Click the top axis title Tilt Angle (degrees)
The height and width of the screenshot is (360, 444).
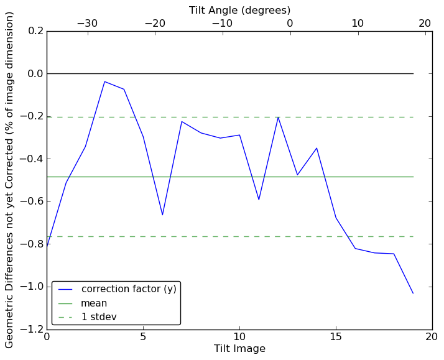tap(239, 10)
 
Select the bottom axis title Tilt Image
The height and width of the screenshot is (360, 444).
tap(239, 349)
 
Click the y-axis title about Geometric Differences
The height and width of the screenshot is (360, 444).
tap(10, 180)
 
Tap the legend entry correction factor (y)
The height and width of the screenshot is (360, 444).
tap(129, 289)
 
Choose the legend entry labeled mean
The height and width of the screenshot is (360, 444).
tap(94, 303)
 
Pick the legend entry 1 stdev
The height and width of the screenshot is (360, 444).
tap(99, 317)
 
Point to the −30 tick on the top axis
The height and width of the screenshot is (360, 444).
tap(87, 24)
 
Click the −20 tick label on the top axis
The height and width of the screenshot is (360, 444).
tap(155, 24)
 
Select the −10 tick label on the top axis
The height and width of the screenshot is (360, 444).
tap(221, 24)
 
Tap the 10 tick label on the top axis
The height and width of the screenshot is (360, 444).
tap(358, 24)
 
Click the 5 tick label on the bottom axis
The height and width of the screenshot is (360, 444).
tap(143, 337)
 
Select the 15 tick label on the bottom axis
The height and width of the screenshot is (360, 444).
tap(336, 337)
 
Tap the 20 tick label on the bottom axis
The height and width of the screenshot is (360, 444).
tap(432, 337)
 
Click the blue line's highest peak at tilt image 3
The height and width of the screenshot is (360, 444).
tap(104, 81)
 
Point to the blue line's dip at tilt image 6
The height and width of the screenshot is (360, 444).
tap(162, 215)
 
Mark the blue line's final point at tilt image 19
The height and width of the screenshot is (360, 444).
tap(413, 293)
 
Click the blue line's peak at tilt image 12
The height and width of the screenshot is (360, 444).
tap(278, 117)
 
